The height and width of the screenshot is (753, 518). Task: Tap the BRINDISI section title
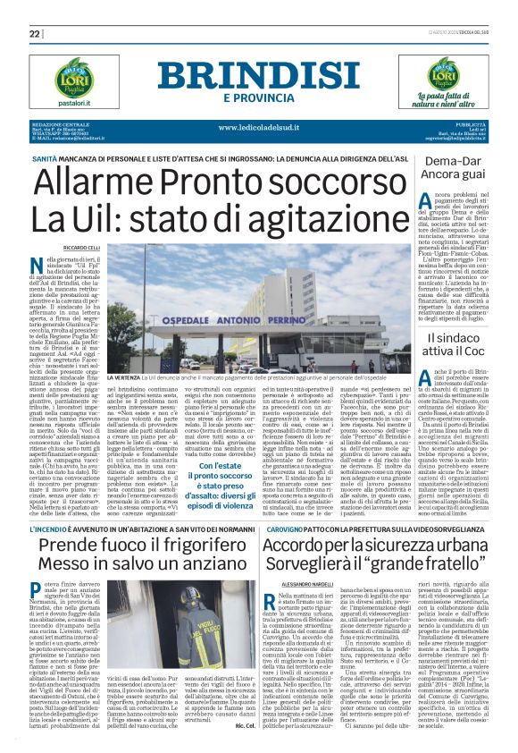point(262,75)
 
